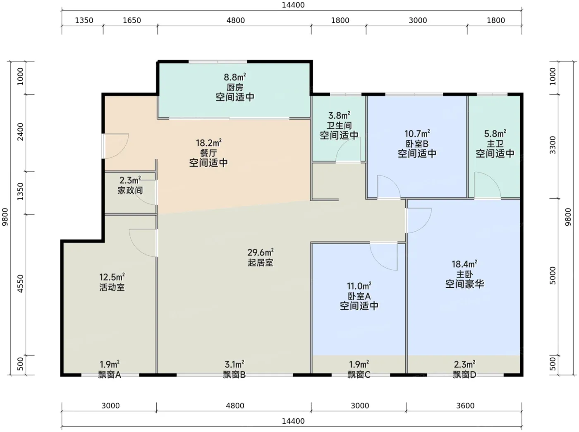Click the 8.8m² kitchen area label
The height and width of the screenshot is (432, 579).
point(235,77)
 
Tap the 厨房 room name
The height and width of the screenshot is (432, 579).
point(235,87)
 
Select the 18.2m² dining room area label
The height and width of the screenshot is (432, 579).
point(208,143)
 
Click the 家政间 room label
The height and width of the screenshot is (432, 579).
point(130,190)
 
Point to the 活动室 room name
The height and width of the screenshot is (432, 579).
point(112,287)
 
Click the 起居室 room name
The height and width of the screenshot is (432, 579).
point(261,263)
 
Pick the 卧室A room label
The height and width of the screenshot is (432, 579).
point(359,296)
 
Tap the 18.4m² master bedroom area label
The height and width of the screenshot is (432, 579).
point(464,264)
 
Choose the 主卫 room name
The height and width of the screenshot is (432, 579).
point(495,144)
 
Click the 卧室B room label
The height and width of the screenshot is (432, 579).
point(417,144)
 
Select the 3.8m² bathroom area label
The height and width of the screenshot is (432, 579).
point(339,115)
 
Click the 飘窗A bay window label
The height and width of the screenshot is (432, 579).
point(110,374)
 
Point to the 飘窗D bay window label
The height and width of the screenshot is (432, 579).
point(464,374)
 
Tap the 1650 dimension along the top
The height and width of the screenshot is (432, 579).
point(132,20)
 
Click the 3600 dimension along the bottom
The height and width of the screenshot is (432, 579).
point(465,406)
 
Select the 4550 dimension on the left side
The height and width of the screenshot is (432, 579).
point(20,283)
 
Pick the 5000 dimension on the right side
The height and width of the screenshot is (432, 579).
point(553,276)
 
